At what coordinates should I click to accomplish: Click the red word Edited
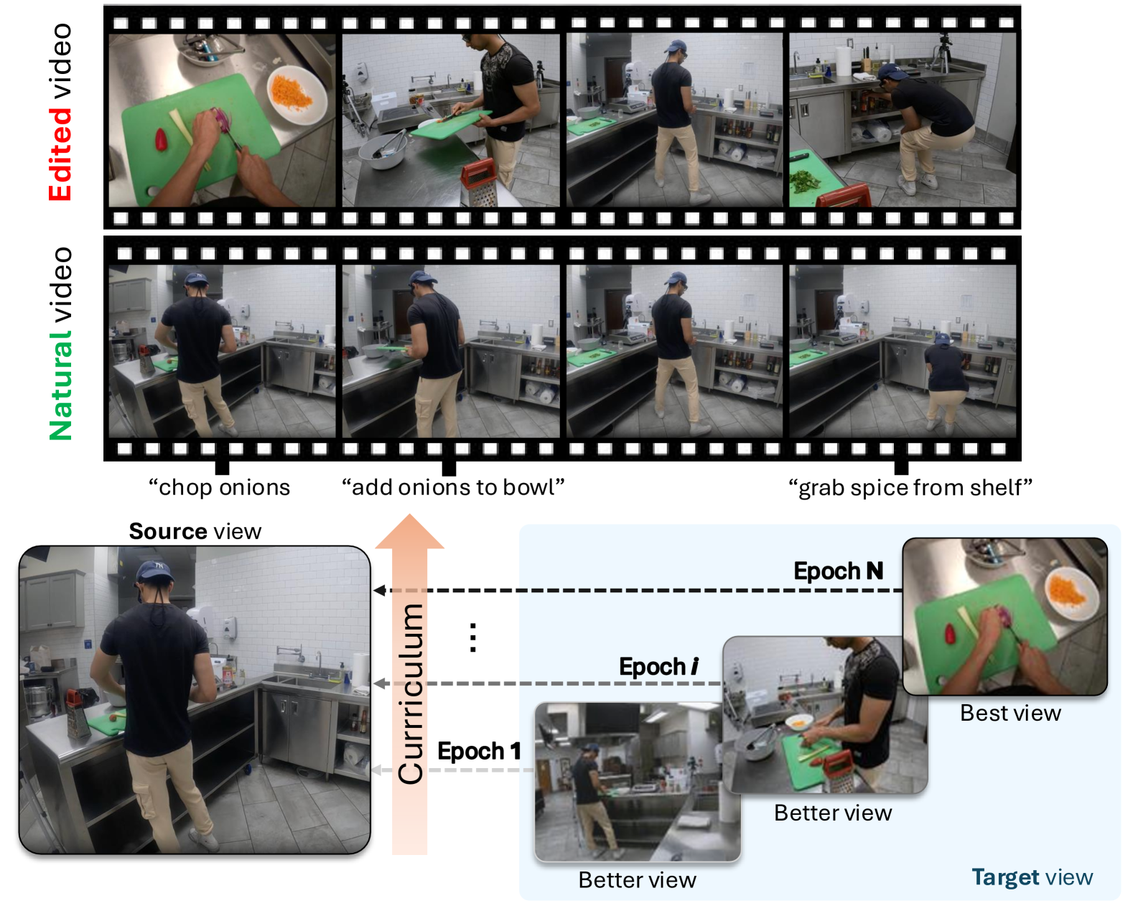60,154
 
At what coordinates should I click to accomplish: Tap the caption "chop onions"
219,488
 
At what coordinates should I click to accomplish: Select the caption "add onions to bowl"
453,487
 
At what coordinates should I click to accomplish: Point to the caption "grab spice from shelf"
910,488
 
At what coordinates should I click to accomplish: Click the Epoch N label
838,571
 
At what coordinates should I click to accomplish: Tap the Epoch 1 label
479,751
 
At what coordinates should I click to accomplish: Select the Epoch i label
658,667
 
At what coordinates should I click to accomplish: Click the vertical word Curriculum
411,693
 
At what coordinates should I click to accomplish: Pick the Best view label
1010,714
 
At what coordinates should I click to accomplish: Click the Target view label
1032,877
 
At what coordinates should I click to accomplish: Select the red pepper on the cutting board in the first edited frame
162,139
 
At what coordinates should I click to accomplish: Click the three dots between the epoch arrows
472,638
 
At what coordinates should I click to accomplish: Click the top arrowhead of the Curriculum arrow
409,531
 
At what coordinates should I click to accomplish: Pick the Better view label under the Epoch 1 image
637,880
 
